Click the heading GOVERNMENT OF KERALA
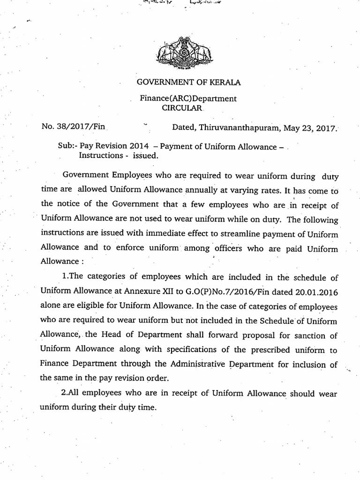tap(188, 82)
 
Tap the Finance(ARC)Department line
tap(188, 98)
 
